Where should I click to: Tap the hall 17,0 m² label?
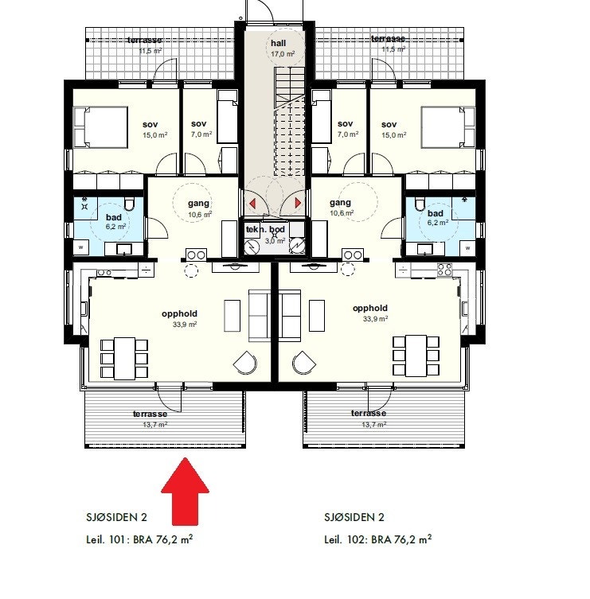[278, 49]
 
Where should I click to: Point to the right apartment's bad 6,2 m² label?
[435, 220]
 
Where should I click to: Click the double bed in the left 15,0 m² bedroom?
[100, 128]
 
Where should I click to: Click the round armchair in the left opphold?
[245, 364]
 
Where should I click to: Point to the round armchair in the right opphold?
[304, 364]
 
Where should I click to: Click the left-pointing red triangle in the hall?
[253, 204]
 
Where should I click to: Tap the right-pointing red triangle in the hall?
[298, 204]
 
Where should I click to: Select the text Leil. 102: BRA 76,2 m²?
[377, 539]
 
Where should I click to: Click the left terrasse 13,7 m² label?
[150, 418]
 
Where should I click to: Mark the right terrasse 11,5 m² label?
[388, 44]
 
